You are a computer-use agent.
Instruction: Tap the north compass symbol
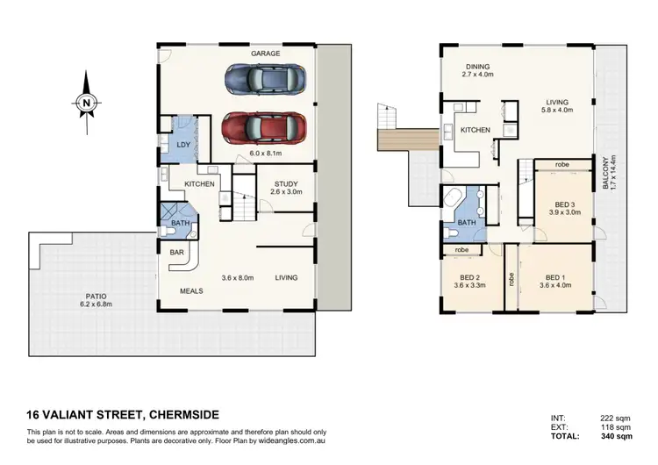click(x=86, y=104)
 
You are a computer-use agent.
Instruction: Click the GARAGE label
click(x=266, y=54)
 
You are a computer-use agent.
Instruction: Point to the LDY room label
click(x=184, y=145)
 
